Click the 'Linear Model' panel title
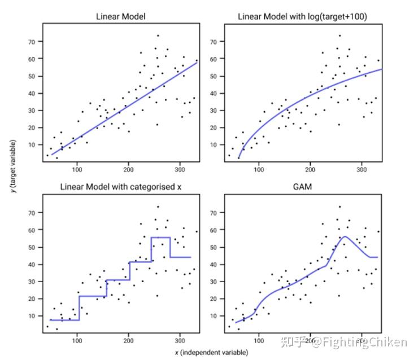click(x=120, y=16)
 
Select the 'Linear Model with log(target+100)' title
click(x=303, y=16)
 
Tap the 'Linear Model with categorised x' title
click(x=120, y=187)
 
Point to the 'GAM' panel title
click(x=303, y=187)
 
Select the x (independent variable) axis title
click(x=211, y=353)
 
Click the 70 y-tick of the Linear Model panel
click(x=32, y=42)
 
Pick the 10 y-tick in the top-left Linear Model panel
click(x=32, y=144)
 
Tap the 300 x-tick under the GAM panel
click(x=362, y=341)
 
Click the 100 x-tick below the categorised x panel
click(x=77, y=341)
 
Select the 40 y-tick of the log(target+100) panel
click(x=214, y=93)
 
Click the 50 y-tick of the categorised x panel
click(x=32, y=247)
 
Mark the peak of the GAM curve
click(x=344, y=236)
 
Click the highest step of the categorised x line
click(x=160, y=238)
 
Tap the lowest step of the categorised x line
click(x=64, y=320)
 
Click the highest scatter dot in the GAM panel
click(x=339, y=207)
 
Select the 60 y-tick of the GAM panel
click(x=214, y=230)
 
